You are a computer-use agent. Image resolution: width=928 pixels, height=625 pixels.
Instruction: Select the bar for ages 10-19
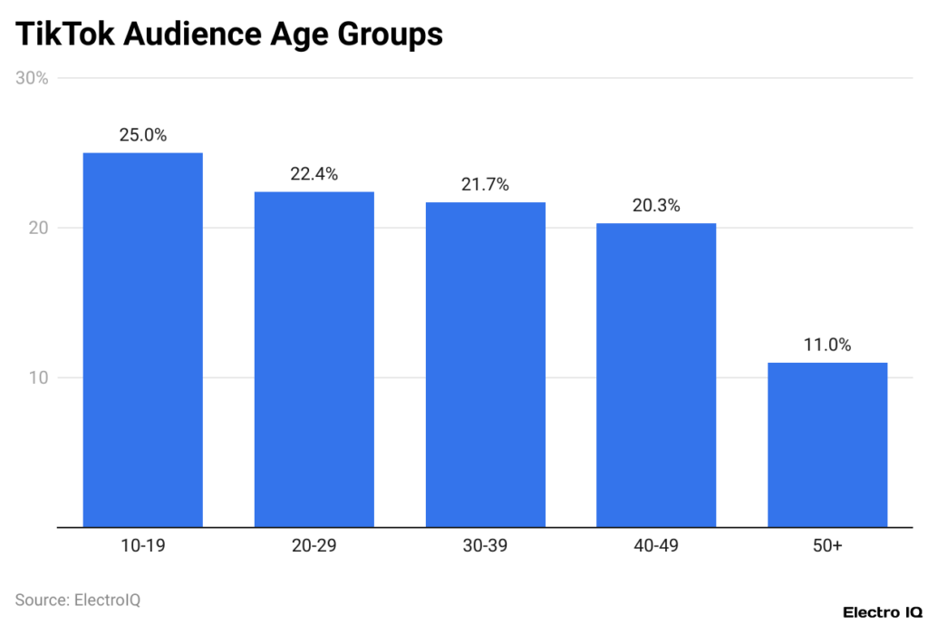[x=142, y=339]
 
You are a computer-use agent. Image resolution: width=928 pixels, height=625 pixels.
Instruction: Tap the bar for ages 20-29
[x=314, y=358]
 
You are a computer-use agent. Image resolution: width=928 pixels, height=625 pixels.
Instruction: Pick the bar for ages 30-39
[x=485, y=364]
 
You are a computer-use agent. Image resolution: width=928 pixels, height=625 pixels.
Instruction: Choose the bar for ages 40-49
[x=656, y=375]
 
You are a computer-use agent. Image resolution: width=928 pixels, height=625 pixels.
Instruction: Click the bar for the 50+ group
[x=827, y=444]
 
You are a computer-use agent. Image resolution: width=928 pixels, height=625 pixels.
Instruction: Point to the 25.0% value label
[x=142, y=135]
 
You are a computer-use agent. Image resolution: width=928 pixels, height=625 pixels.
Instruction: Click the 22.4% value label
[x=314, y=174]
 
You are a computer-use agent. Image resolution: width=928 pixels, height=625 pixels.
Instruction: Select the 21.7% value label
[x=485, y=184]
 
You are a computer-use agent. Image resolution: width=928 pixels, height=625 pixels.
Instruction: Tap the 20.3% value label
[x=656, y=206]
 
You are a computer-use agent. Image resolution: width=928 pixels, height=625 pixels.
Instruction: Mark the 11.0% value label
[x=827, y=345]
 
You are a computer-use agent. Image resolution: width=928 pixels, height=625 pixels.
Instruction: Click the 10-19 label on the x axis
[x=142, y=546]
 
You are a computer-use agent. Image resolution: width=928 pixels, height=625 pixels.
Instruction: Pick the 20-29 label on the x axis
[x=314, y=546]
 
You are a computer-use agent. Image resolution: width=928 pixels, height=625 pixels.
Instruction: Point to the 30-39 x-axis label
[x=485, y=546]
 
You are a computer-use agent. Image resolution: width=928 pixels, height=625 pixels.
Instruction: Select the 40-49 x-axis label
[x=656, y=546]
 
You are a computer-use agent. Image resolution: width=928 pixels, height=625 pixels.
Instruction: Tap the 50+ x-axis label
[x=827, y=546]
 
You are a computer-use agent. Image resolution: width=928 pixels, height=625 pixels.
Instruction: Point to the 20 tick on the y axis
[x=37, y=228]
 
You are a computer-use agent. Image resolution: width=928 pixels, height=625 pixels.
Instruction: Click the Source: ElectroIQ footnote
[x=78, y=600]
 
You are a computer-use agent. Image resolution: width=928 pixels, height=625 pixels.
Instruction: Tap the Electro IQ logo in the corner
[x=883, y=612]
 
